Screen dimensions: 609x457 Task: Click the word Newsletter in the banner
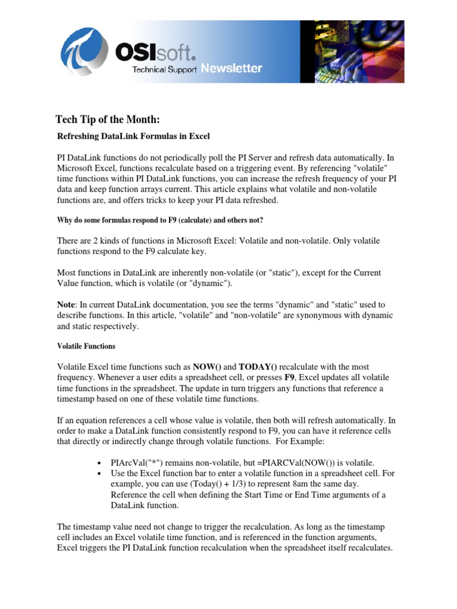coord(231,68)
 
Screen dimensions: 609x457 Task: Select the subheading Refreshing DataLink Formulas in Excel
coord(133,136)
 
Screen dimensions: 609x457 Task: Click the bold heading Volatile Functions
coord(86,346)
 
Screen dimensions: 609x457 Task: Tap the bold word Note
coord(67,305)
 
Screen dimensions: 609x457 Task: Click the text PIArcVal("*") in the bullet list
coord(138,463)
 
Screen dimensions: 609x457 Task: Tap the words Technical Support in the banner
coord(165,70)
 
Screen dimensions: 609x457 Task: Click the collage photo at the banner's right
coord(351,51)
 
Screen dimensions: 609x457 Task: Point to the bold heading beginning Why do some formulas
coord(160,220)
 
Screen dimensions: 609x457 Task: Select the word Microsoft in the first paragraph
coord(84,168)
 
